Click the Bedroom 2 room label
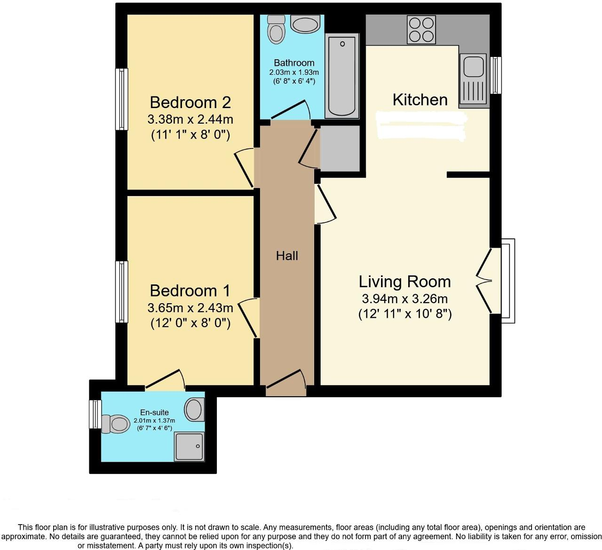tap(190, 102)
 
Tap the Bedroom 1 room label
tap(190, 291)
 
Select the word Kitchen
tap(420, 100)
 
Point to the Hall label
tap(287, 256)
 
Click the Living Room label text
tap(404, 282)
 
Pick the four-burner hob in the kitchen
tap(421, 30)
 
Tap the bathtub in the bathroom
tap(342, 76)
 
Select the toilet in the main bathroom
tap(276, 30)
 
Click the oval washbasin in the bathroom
tap(305, 24)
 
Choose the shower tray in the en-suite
tap(190, 446)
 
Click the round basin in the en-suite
tap(194, 409)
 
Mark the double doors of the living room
tap(485, 281)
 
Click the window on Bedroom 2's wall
tap(122, 99)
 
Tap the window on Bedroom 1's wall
tap(122, 291)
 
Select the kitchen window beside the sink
tap(496, 75)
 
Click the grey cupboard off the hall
tap(340, 148)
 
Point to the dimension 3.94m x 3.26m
tap(404, 299)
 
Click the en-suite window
tap(95, 414)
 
